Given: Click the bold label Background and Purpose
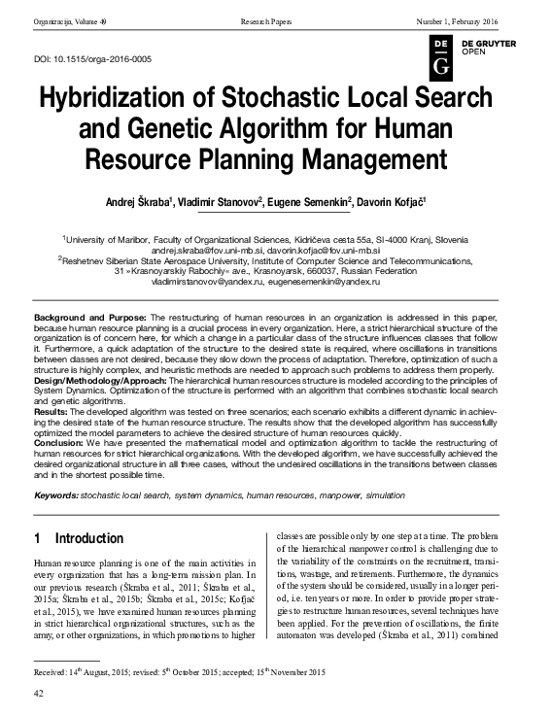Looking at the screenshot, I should pyautogui.click(x=89, y=319).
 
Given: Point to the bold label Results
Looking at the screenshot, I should pyautogui.click(x=52, y=413).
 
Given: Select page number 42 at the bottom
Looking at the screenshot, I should pyautogui.click(x=40, y=694).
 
